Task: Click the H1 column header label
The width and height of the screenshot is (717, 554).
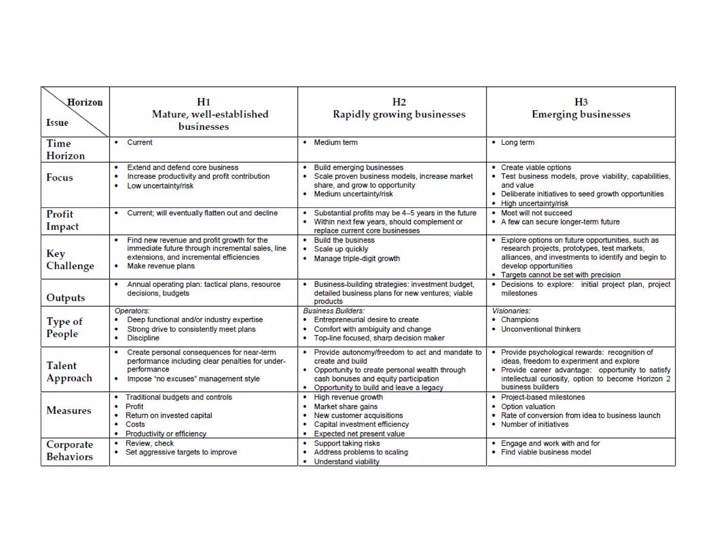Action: pyautogui.click(x=203, y=102)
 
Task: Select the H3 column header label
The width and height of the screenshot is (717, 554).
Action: pyautogui.click(x=581, y=102)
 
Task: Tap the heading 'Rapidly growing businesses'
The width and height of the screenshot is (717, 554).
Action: pyautogui.click(x=399, y=115)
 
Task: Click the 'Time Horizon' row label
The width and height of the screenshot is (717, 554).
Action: pyautogui.click(x=65, y=150)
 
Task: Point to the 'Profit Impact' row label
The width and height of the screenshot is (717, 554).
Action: pyautogui.click(x=62, y=220)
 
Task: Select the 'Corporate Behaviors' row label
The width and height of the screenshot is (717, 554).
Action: pyautogui.click(x=70, y=450)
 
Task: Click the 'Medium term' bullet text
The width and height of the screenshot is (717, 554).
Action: pyautogui.click(x=335, y=143)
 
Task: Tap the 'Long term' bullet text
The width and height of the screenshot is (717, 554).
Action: pyautogui.click(x=517, y=143)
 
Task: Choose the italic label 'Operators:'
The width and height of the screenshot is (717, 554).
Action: pyautogui.click(x=132, y=311)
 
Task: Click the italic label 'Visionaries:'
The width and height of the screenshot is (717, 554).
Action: pyautogui.click(x=511, y=311)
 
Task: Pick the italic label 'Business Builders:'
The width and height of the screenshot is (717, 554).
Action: pyautogui.click(x=334, y=311)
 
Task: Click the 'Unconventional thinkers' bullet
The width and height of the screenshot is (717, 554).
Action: pyautogui.click(x=541, y=329)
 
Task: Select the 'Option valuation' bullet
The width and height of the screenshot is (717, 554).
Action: pyautogui.click(x=528, y=407)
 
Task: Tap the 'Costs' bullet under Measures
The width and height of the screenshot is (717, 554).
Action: pyautogui.click(x=135, y=424)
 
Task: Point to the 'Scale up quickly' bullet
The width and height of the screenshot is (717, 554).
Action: pyautogui.click(x=341, y=249)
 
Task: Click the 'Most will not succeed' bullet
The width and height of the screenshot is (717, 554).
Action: pyautogui.click(x=536, y=213)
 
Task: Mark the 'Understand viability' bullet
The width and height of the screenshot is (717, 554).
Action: pyautogui.click(x=346, y=462)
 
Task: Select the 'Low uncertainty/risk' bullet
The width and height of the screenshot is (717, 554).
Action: pyautogui.click(x=160, y=186)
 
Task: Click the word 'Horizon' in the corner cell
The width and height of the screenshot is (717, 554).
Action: pyautogui.click(x=85, y=102)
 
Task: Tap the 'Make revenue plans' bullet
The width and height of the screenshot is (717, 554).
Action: pyautogui.click(x=161, y=266)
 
